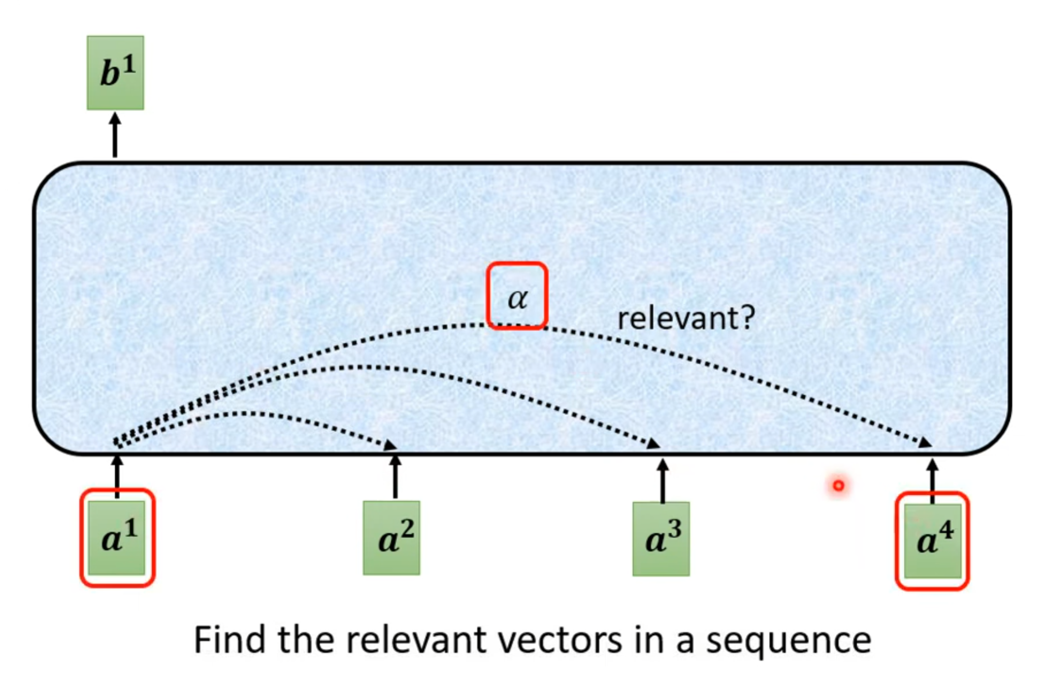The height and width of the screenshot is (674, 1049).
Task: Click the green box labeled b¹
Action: (115, 72)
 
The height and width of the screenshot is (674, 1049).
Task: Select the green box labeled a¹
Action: (117, 538)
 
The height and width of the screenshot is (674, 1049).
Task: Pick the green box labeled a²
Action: (392, 538)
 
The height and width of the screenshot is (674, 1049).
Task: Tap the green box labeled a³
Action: (661, 539)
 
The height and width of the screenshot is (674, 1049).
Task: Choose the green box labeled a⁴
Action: (933, 541)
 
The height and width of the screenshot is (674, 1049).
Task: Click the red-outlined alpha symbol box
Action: (517, 296)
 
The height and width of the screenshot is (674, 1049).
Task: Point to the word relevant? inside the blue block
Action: (686, 318)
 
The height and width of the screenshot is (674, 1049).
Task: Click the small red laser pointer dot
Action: (838, 486)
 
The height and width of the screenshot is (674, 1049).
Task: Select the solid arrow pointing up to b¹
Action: (115, 135)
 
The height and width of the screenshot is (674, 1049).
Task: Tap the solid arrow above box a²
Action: (395, 476)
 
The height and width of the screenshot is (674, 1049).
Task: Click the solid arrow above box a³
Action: (663, 480)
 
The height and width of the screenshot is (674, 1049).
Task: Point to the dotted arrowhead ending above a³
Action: (654, 444)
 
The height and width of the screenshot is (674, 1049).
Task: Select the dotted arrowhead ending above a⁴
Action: (925, 443)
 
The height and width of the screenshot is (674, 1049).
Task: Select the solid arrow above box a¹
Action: (117, 476)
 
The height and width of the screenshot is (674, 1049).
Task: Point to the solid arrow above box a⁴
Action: (932, 480)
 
